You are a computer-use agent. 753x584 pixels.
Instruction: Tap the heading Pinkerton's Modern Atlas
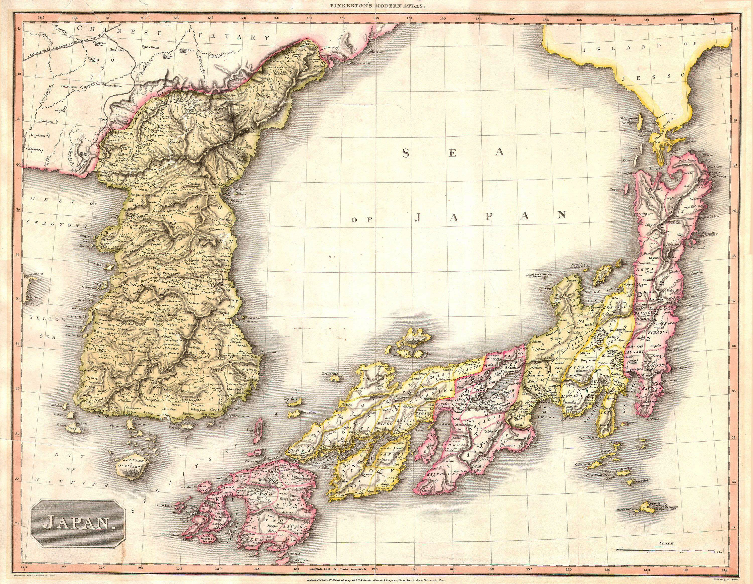[x=376, y=6]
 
